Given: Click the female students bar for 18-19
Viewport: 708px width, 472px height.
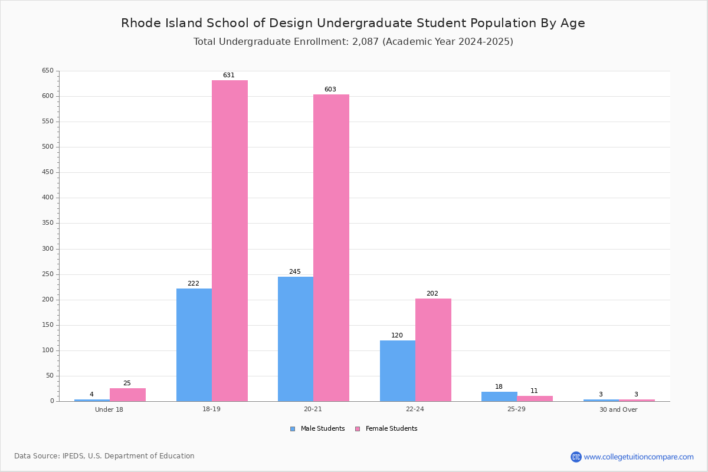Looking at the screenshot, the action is [x=230, y=241].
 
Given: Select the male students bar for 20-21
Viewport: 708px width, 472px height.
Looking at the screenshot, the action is [x=296, y=339].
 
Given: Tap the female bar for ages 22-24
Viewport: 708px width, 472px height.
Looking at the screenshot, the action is [x=433, y=350].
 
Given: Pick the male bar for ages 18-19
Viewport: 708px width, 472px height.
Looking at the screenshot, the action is [x=194, y=345].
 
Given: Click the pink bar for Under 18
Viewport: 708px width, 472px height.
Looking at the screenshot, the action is [x=127, y=395].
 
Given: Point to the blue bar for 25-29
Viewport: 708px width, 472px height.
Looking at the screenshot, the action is [x=499, y=396].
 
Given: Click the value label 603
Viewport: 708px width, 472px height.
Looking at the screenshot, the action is [x=330, y=89].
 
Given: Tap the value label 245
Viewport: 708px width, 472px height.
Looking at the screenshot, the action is [x=295, y=271].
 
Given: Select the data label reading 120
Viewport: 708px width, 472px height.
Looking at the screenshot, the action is [x=397, y=336].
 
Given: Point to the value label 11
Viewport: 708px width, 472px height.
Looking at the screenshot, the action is [x=534, y=391].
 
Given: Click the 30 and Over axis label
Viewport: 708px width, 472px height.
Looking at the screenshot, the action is [x=618, y=409].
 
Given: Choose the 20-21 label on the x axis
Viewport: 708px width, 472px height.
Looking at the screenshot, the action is [x=313, y=409].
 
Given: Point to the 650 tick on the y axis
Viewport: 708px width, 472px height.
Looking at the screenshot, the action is [x=48, y=70].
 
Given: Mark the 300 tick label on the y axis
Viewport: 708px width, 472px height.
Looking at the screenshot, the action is [x=48, y=249].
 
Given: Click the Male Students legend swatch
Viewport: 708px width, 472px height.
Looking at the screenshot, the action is [x=293, y=429].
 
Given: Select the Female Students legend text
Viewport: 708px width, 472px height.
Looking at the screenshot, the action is [x=391, y=428].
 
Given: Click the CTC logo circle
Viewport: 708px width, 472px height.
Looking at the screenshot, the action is [x=576, y=457].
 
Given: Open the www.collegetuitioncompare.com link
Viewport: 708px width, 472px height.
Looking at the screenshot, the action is [x=639, y=457].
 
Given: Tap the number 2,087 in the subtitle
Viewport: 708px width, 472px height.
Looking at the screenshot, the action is [x=365, y=42].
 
